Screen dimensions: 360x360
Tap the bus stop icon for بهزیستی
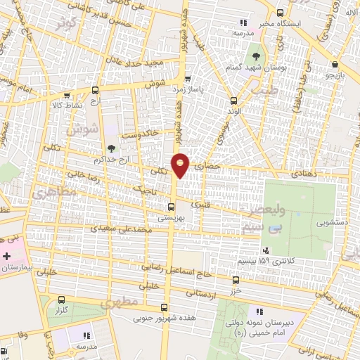point(171,207)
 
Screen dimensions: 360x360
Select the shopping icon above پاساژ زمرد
point(187,79)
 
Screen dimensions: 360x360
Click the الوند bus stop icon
point(234,100)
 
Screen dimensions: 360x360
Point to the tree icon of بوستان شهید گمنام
point(255,55)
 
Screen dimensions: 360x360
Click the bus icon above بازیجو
point(331,63)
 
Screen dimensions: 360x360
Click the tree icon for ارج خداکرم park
point(110,148)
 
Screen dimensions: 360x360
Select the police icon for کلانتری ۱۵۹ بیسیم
point(265,250)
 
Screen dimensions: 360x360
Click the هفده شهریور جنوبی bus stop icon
point(164,307)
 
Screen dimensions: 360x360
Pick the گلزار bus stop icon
point(62,298)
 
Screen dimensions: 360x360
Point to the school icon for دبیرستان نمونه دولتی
point(259,311)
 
